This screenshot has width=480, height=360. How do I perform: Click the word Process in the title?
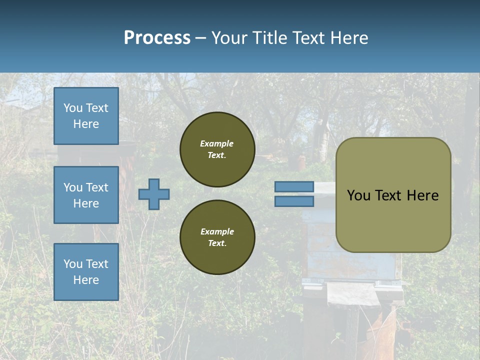(x=157, y=38)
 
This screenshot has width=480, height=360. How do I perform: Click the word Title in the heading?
(x=268, y=38)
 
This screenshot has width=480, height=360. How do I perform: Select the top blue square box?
(x=86, y=116)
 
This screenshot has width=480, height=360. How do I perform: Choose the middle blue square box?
(x=86, y=195)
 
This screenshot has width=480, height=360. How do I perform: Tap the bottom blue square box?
(x=86, y=272)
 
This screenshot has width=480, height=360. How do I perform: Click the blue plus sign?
(x=154, y=194)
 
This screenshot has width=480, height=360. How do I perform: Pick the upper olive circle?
(x=217, y=149)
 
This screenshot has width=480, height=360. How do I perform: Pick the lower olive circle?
(x=217, y=237)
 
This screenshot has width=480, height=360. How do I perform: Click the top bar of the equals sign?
(x=294, y=187)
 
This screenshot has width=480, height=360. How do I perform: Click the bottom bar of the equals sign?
(x=294, y=201)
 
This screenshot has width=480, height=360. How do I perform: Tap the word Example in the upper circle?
(x=216, y=143)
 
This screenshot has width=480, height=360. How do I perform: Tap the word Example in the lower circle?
(x=217, y=231)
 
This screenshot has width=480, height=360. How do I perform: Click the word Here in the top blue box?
(x=86, y=124)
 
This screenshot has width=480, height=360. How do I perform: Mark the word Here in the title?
(x=348, y=38)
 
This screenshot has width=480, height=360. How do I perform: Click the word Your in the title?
(x=231, y=38)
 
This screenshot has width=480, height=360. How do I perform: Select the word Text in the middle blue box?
(x=97, y=187)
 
